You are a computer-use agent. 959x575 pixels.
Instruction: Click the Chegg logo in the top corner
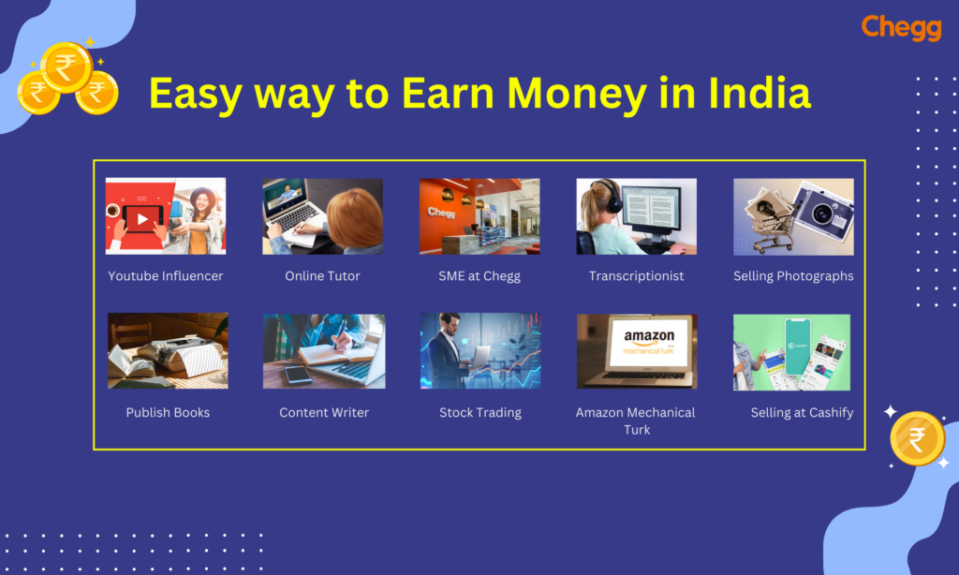(902, 27)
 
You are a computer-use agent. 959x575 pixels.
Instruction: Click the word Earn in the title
(448, 93)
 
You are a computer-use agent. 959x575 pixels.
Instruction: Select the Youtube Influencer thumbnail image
(166, 216)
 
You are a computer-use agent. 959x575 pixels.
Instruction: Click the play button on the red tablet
(142, 219)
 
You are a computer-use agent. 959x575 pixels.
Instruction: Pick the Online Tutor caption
(322, 276)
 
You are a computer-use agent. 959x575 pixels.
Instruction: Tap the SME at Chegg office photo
(479, 216)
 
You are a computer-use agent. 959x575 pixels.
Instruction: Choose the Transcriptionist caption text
(636, 276)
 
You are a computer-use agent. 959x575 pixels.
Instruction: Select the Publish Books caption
(168, 412)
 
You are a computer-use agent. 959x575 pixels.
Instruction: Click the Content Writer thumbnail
(324, 351)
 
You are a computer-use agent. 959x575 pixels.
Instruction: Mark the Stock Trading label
(480, 413)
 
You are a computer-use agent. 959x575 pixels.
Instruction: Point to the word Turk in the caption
(637, 430)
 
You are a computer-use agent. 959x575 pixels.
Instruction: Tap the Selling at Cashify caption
(802, 413)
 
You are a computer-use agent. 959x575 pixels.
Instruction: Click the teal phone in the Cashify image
(798, 346)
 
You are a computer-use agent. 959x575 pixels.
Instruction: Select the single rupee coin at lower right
(917, 438)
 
